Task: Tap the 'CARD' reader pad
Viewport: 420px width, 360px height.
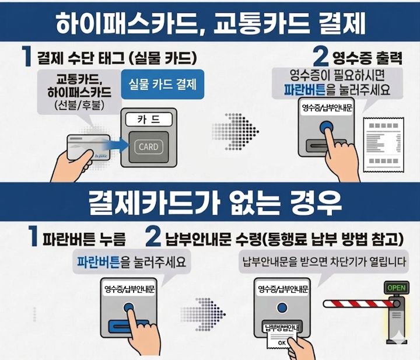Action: [148, 146]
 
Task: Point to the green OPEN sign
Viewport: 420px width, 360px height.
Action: [396, 287]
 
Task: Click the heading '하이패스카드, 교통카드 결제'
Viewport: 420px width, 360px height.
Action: [210, 23]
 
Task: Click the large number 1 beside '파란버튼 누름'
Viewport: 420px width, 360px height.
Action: [34, 237]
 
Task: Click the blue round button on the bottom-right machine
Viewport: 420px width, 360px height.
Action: [283, 307]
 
